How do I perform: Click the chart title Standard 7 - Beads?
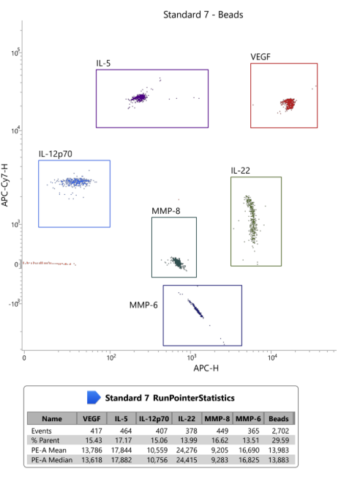coord(203,15)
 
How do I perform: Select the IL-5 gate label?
coord(103,63)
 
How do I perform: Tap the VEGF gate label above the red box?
coord(260,57)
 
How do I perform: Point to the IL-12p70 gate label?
coord(55,154)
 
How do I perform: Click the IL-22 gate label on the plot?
coord(241,171)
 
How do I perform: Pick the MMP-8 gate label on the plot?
coord(165,211)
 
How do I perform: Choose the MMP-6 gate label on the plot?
coord(143,305)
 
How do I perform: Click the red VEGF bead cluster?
coord(288,104)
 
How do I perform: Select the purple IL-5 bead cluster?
coord(139,98)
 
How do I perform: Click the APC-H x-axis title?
coord(206,368)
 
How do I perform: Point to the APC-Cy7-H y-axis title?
coord(5,185)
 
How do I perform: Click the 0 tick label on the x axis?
coord(24,357)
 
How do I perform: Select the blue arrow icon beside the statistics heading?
coord(94,398)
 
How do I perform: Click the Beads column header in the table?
coord(279,418)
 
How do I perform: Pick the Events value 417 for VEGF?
coord(96,431)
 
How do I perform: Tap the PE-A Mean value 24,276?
coord(187,450)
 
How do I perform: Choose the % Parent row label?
coord(45,440)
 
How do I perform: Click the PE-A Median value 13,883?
coord(279,460)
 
